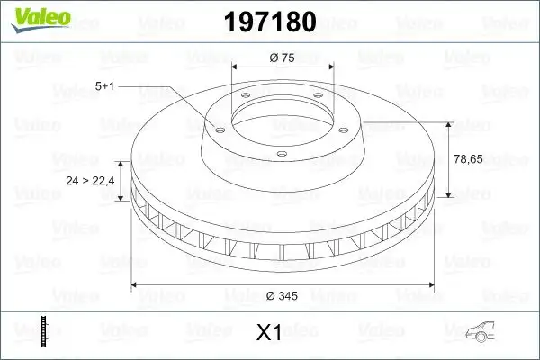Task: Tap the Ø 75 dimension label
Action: pos(283,58)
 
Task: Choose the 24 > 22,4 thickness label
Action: pos(90,182)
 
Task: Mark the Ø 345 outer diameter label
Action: pos(283,293)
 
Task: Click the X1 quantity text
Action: pos(269,333)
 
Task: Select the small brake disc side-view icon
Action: pos(44,331)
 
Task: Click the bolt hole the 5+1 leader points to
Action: pos(216,127)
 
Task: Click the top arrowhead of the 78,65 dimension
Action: pos(447,123)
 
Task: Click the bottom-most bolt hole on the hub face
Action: pos(281,155)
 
